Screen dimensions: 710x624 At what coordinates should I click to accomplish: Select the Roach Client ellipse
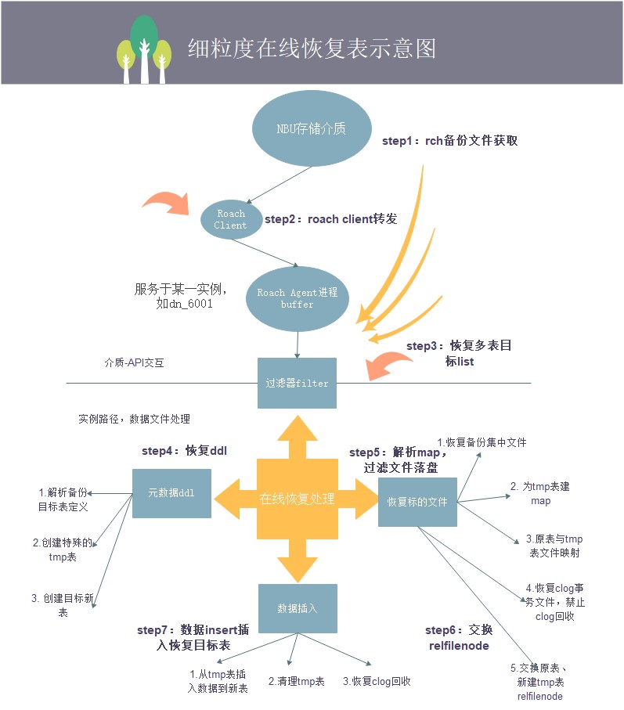pyautogui.click(x=231, y=219)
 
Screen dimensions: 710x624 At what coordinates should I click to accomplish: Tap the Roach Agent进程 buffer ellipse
pyautogui.click(x=297, y=297)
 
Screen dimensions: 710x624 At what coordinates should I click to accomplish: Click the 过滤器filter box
pyautogui.click(x=297, y=383)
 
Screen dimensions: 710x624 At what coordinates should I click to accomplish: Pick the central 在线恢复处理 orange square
pyautogui.click(x=297, y=499)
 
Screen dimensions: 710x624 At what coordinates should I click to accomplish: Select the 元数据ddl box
pyautogui.click(x=171, y=493)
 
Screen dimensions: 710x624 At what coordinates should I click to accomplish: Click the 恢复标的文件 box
pyautogui.click(x=417, y=501)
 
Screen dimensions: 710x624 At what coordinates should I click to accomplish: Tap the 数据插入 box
pyautogui.click(x=297, y=607)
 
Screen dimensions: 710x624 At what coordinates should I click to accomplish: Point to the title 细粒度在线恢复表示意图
pyautogui.click(x=312, y=49)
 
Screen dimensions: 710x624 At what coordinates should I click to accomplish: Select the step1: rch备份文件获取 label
pyautogui.click(x=449, y=142)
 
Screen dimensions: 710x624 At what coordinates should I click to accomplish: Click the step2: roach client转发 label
pyautogui.click(x=331, y=219)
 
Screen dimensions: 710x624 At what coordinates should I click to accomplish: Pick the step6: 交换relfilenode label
pyautogui.click(x=459, y=638)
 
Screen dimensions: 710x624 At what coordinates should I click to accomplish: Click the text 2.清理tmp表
pyautogui.click(x=295, y=681)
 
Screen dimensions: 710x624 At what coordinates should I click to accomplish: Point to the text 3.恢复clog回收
pyautogui.click(x=377, y=681)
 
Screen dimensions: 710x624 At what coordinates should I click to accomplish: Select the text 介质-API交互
pyautogui.click(x=135, y=363)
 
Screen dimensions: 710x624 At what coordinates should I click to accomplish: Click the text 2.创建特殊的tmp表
pyautogui.click(x=63, y=550)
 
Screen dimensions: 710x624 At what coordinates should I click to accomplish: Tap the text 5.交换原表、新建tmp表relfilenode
pyautogui.click(x=539, y=682)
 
